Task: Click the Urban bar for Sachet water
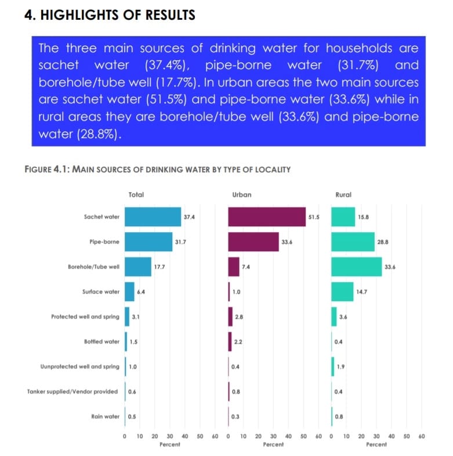[267, 217]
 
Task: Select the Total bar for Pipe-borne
[148, 241]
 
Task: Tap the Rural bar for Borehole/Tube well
[357, 266]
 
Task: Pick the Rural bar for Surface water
[342, 292]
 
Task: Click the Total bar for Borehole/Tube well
[138, 267]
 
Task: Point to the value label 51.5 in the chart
[314, 217]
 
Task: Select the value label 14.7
[362, 292]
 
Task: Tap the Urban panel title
[242, 195]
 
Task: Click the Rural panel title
[343, 195]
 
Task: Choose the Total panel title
[136, 195]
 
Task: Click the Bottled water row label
[102, 342]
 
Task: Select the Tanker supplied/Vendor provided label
[73, 392]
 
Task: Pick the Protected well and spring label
[85, 317]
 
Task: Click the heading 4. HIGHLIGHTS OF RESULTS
[110, 15]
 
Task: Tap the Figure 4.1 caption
[158, 169]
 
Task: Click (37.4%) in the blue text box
[172, 64]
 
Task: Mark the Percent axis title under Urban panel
[273, 444]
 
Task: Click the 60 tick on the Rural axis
[422, 436]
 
